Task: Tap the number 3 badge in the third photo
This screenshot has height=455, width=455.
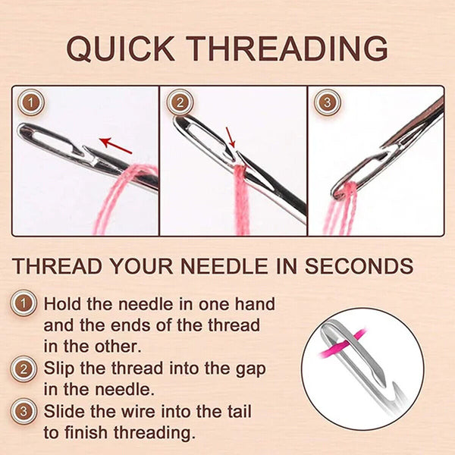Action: tap(326, 101)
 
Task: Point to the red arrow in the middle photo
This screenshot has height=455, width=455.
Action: tap(231, 137)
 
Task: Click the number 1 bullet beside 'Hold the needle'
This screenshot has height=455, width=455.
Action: tap(27, 304)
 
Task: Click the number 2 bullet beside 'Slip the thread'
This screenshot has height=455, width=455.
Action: tap(27, 369)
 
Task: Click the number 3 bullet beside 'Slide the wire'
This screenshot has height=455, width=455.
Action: tap(27, 412)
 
